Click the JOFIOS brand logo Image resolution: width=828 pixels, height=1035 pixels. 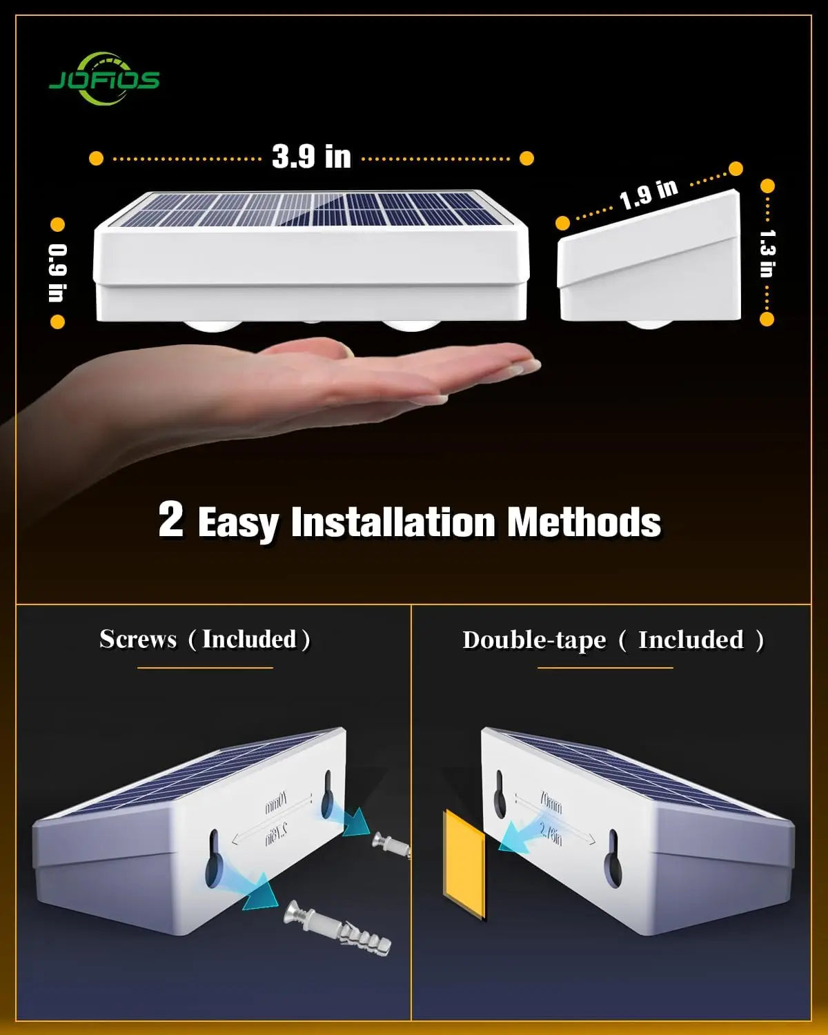(103, 80)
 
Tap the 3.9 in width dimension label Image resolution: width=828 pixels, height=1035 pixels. (311, 157)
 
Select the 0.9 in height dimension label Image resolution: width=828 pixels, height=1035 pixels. (57, 273)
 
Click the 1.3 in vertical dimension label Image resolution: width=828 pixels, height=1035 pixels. (767, 253)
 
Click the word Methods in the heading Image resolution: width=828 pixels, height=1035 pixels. (584, 522)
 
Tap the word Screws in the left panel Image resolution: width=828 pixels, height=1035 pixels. (138, 639)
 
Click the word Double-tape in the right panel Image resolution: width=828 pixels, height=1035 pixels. (534, 640)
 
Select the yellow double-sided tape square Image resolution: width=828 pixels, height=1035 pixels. (464, 864)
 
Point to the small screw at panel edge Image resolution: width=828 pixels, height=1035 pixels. (391, 842)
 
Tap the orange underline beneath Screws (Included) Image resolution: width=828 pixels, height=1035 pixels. (205, 668)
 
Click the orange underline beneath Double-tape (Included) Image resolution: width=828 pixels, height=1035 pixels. (605, 668)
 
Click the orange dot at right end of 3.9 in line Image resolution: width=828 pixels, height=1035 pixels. (526, 159)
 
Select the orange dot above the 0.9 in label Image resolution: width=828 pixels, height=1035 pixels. (57, 225)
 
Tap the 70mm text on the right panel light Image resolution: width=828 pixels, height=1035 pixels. (551, 805)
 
